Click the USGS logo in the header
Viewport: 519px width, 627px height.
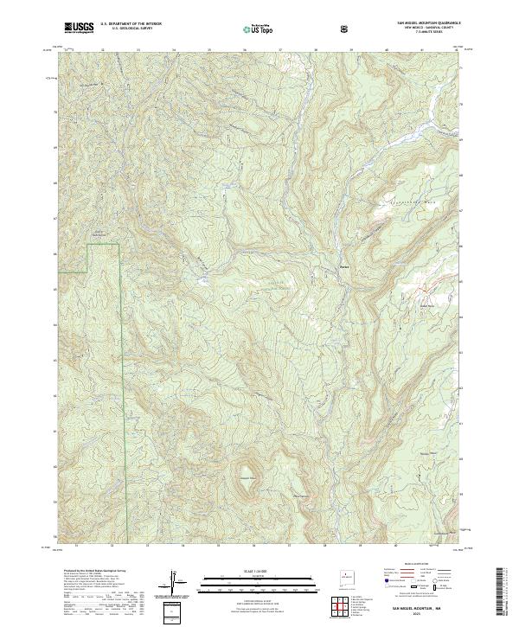[79, 28]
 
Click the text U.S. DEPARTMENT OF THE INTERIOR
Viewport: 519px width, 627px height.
[131, 25]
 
